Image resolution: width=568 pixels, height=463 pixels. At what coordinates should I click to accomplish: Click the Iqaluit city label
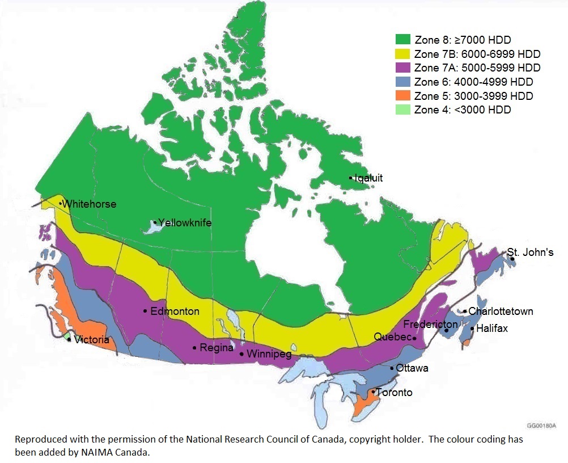(368, 178)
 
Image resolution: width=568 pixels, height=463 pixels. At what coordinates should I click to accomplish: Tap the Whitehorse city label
(90, 204)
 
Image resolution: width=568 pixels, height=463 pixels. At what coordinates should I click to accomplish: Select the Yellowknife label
(185, 223)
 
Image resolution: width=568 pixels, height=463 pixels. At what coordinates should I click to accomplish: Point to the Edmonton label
(175, 312)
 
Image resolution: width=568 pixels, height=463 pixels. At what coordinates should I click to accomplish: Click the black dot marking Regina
(195, 347)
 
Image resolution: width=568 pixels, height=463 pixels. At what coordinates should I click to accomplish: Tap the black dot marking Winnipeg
(242, 354)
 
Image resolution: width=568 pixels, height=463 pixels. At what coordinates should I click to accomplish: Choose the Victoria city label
(91, 340)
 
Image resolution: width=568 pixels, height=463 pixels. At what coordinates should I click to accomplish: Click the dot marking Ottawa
(392, 368)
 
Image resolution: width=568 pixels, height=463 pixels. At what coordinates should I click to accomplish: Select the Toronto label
(395, 393)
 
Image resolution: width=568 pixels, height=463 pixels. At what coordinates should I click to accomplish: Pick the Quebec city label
(392, 337)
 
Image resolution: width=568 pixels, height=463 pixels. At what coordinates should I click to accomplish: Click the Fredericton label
(430, 325)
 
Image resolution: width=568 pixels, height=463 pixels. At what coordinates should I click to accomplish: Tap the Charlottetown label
(501, 312)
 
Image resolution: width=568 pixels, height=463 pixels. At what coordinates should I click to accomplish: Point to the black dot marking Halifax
(472, 329)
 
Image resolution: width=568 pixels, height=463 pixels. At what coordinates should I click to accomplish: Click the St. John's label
(530, 252)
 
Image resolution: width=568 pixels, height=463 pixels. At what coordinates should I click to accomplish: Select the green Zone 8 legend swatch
(403, 40)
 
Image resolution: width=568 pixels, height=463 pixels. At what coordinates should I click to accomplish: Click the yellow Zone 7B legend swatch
(403, 54)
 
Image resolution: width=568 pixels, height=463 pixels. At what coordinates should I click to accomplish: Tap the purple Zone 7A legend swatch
(403, 68)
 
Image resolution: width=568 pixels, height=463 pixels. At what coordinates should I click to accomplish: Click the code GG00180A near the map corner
(542, 425)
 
